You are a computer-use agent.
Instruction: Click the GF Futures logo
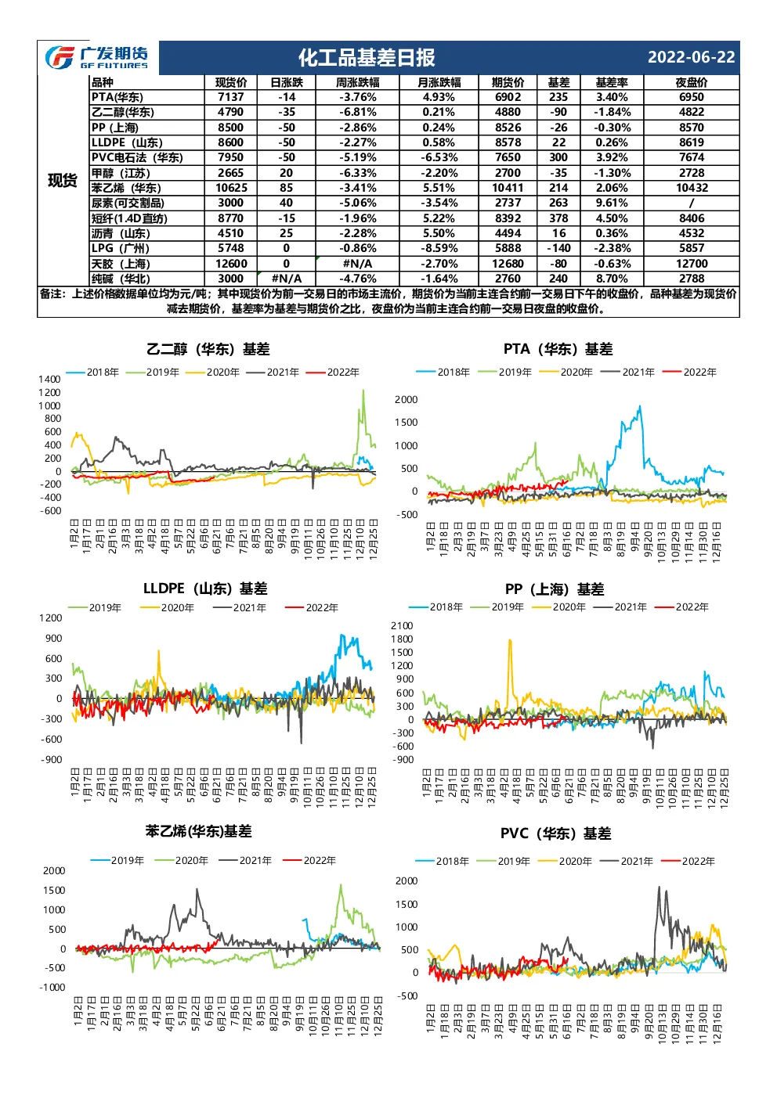96,57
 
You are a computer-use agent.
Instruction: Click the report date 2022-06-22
691,57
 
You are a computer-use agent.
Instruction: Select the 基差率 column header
611,82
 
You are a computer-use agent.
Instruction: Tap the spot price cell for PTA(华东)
230,97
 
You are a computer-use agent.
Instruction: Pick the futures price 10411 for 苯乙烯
508,188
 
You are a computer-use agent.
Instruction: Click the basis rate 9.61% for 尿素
611,203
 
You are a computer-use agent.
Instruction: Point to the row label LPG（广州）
121,248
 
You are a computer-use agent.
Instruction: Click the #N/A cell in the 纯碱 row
287,279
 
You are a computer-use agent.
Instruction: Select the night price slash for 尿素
692,203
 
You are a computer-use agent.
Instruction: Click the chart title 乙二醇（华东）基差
208,349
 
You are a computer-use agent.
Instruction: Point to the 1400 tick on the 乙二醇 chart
49,379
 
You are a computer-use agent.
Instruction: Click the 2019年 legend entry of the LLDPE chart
95,608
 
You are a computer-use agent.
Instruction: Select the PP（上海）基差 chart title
555,589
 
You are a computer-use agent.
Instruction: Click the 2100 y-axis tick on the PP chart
402,625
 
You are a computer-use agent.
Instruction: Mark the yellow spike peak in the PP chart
510,639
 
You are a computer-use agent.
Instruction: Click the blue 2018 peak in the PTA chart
640,406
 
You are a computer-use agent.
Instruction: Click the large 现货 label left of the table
63,180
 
